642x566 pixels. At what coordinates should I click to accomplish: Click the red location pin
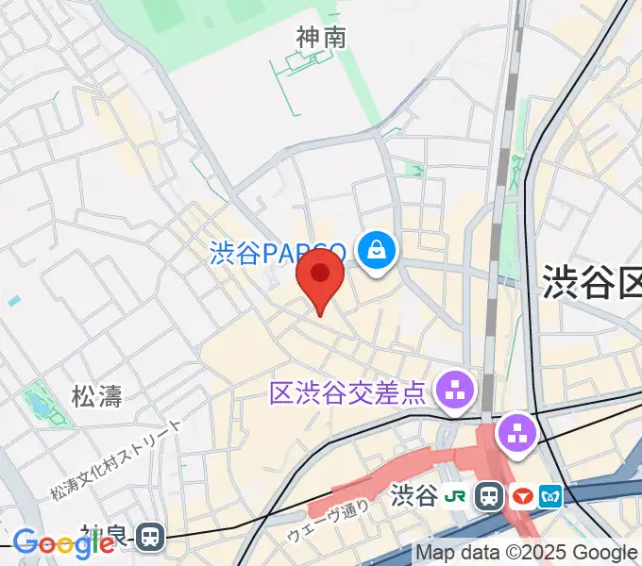(x=320, y=275)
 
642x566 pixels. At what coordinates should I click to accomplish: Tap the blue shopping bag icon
(x=377, y=250)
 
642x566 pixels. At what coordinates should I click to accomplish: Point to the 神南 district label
(x=321, y=38)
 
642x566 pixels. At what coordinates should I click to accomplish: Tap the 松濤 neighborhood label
(x=97, y=395)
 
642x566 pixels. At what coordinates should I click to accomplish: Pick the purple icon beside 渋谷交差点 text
(x=456, y=389)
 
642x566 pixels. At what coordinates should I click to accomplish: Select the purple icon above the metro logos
(x=517, y=434)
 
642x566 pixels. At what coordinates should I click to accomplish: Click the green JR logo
(x=456, y=495)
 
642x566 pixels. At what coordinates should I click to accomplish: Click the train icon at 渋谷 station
(x=489, y=495)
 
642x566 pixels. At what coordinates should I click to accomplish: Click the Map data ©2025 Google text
(x=526, y=553)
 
